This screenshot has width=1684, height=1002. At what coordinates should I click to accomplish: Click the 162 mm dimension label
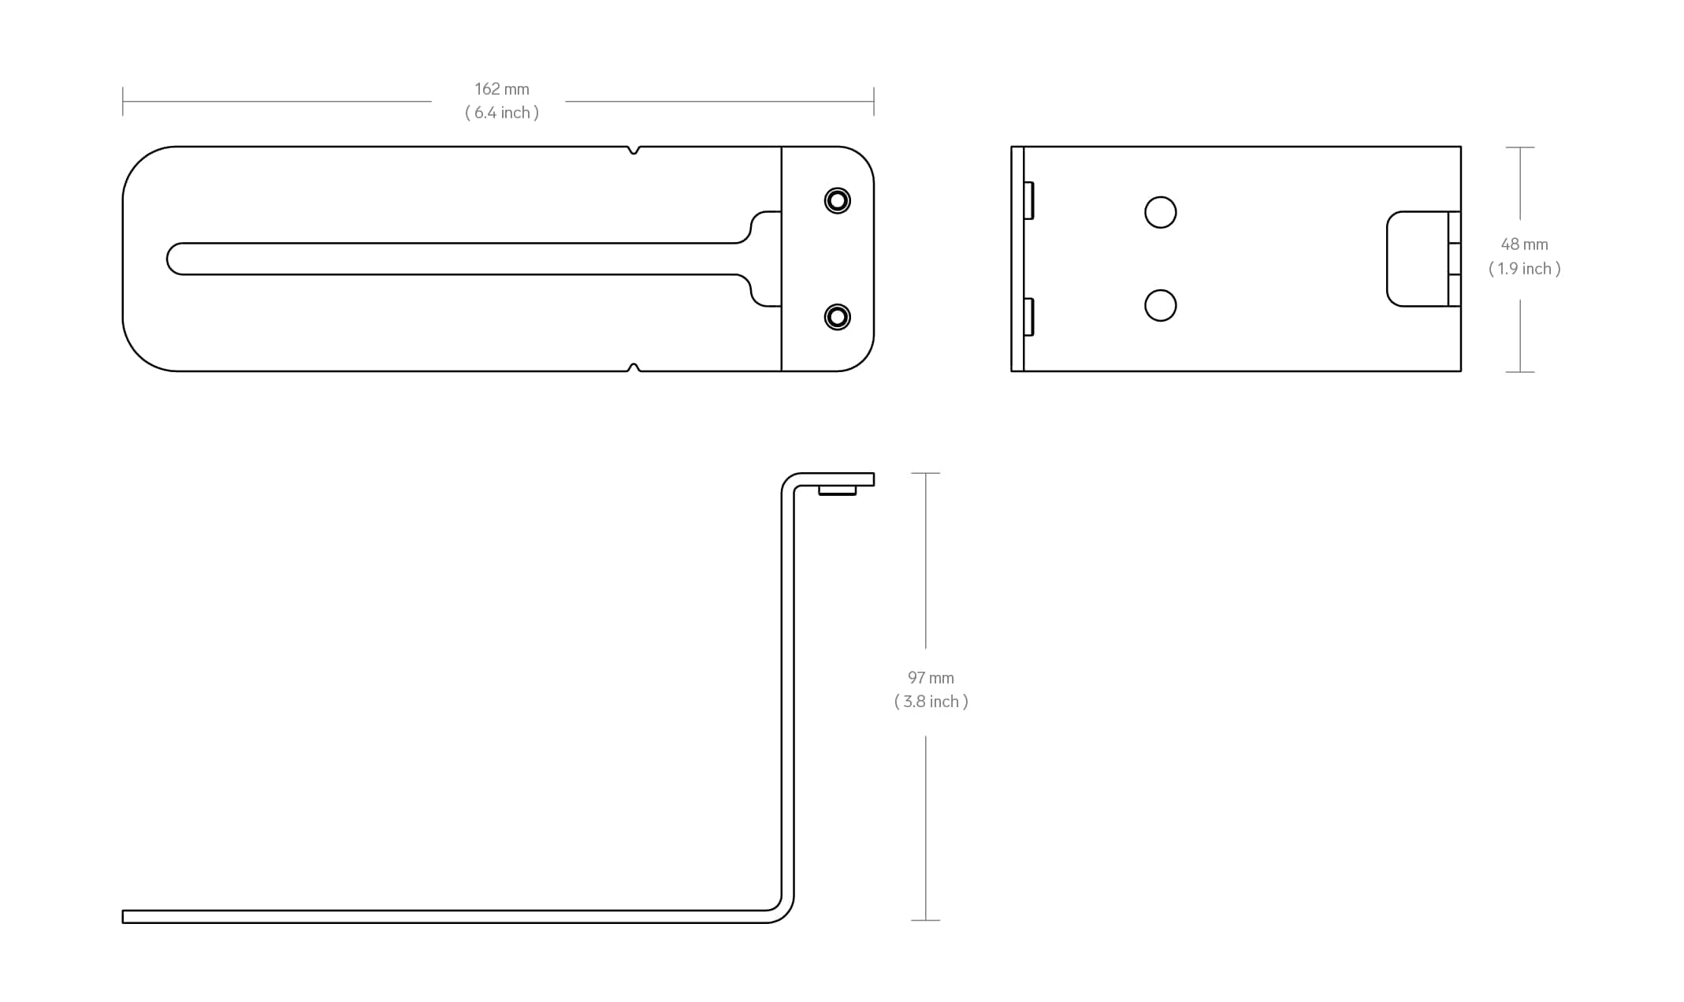501,89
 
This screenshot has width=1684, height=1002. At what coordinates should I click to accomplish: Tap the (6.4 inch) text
501,113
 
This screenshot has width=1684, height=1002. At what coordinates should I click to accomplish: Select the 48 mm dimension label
1524,244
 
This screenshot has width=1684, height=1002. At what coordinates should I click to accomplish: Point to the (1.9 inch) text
1524,269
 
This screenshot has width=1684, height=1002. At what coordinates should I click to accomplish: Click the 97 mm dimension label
931,678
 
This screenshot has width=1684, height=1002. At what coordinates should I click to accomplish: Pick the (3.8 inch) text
931,702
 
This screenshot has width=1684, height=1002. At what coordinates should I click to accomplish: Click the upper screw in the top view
837,200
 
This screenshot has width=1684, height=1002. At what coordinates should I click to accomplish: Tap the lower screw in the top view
837,317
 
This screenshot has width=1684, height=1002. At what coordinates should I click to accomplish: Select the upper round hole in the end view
1160,212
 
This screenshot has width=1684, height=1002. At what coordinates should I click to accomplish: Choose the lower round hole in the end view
1160,305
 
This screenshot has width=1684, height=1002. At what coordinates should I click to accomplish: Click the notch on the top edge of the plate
634,150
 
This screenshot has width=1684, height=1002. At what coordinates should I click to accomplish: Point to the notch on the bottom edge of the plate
634,367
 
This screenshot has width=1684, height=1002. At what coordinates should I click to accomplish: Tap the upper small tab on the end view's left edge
1028,200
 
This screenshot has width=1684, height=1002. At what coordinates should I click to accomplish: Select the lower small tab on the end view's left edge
1028,316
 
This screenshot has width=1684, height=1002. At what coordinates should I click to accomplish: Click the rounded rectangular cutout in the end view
1417,259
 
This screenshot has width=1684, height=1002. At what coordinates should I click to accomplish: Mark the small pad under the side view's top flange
837,490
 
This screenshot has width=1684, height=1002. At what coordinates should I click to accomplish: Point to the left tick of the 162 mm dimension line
123,101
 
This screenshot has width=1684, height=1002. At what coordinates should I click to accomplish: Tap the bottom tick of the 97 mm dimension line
925,920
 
